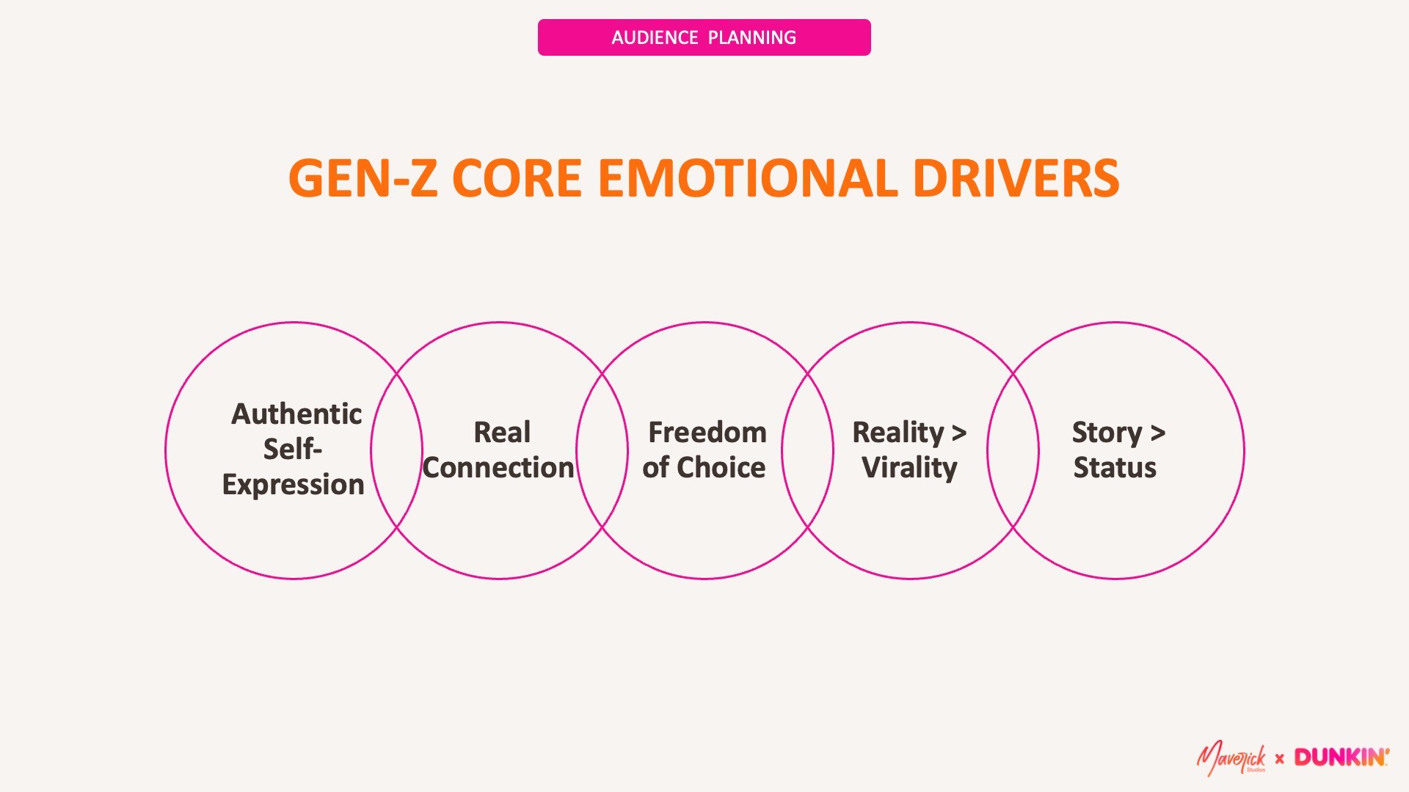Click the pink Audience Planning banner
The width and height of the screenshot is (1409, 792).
point(704,37)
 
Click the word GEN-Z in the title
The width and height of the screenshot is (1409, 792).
point(363,178)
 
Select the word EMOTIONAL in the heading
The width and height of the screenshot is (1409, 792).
point(747,178)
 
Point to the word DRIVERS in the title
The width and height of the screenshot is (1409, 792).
point(1016,178)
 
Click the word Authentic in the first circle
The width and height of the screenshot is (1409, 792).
point(296,414)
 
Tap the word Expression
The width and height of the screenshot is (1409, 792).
point(293,485)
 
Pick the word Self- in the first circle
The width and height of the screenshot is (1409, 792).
point(292,450)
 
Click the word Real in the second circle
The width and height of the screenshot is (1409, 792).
point(502,433)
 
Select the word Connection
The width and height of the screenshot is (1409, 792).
point(498,468)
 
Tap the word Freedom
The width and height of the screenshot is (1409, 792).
point(707,433)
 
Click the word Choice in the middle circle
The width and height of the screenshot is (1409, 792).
point(721,468)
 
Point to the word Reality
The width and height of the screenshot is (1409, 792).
point(898,433)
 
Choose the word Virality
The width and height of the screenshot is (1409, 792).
point(909,468)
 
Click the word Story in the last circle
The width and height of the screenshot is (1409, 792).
point(1107,433)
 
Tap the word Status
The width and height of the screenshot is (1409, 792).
point(1115,468)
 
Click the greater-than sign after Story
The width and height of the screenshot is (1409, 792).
point(1158,433)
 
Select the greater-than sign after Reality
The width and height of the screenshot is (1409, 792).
point(958,433)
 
